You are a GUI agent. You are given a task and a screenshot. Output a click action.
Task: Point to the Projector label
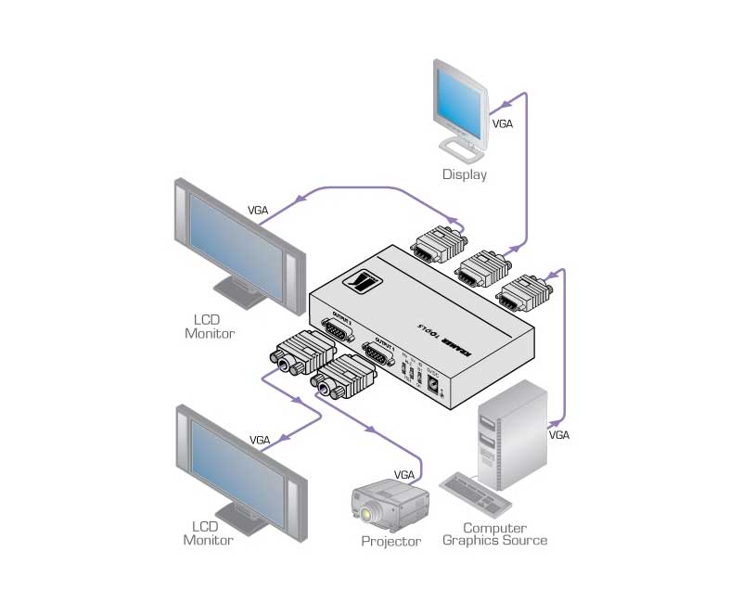(x=390, y=541)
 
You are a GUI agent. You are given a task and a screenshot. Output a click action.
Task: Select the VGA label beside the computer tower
(x=559, y=434)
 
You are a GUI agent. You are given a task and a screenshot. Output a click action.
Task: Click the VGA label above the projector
(x=404, y=474)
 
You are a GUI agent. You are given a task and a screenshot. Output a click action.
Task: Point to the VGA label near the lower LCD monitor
(x=260, y=440)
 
